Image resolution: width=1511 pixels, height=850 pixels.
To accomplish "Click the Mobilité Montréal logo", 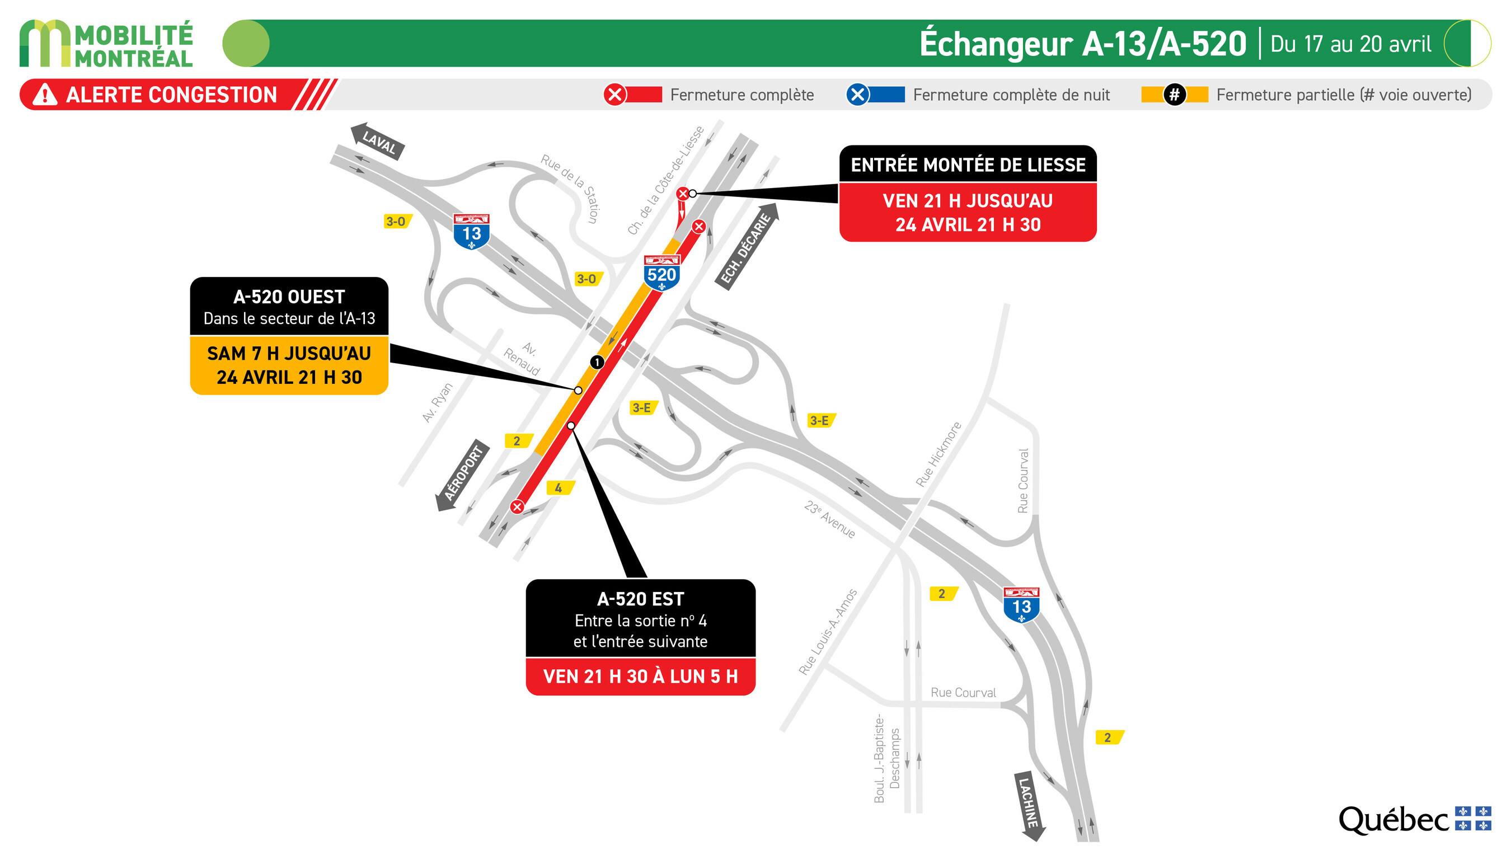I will [x=106, y=44].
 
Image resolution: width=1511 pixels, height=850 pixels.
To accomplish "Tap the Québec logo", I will [x=1414, y=819].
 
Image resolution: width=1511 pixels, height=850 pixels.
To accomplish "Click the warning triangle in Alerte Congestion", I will [x=45, y=95].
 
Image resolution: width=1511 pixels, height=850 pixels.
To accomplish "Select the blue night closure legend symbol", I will [x=857, y=95].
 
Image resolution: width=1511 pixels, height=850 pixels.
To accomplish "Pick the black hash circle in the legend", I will [x=1174, y=95].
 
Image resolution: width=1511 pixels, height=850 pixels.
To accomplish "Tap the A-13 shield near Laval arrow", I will [x=471, y=232].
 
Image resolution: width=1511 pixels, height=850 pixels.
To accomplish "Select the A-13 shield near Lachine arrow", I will [x=1021, y=605].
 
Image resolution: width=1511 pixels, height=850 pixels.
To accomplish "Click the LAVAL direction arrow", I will [x=377, y=142].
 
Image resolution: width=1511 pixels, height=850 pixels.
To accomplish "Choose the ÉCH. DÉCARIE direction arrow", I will [x=747, y=246].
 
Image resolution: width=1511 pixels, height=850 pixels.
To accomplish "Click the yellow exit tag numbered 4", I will [x=560, y=487].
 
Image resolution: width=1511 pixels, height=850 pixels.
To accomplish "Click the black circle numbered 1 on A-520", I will [x=597, y=362].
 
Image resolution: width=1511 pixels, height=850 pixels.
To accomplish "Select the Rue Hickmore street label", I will [x=938, y=454].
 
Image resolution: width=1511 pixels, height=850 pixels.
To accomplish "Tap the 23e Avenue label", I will [x=829, y=519].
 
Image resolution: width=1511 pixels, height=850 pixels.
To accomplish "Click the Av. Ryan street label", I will [x=438, y=402].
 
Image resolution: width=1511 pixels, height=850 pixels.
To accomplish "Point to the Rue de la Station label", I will [x=571, y=187].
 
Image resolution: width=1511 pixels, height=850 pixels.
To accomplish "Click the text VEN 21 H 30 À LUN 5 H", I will [x=640, y=677].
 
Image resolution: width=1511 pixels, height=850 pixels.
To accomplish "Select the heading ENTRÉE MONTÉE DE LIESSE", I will [x=968, y=165].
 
